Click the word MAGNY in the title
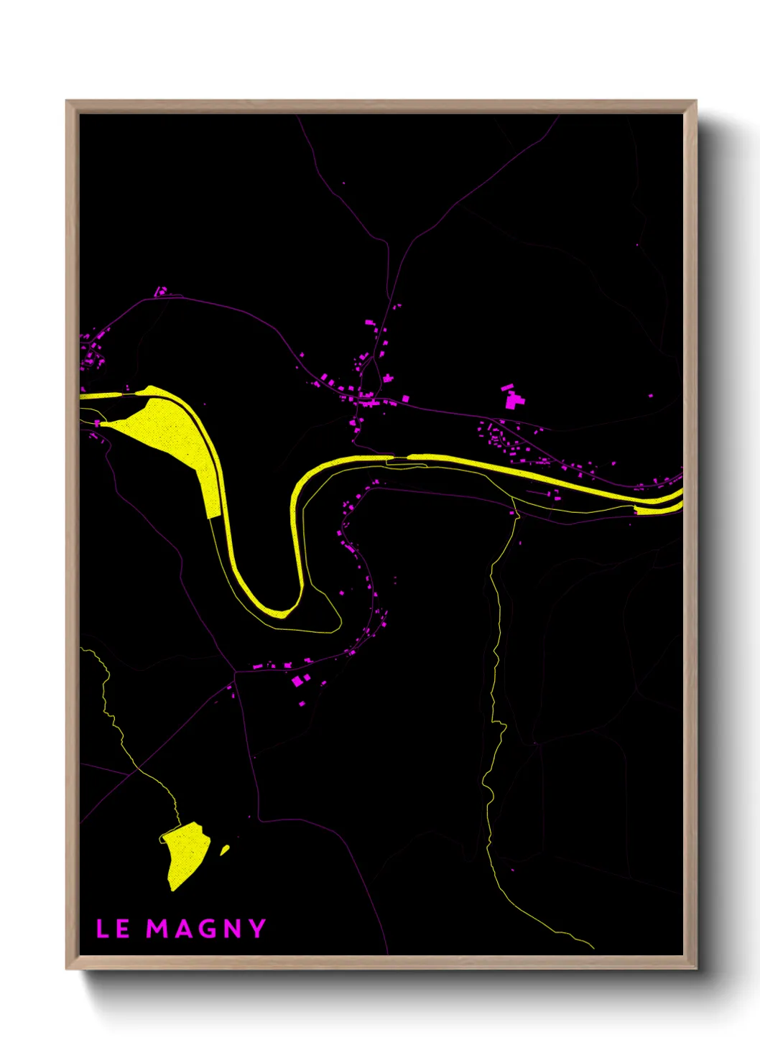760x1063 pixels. coord(206,929)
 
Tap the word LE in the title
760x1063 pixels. coord(113,929)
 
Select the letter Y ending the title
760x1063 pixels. coord(257,929)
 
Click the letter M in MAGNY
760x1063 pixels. coord(158,929)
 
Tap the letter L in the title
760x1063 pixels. coord(102,929)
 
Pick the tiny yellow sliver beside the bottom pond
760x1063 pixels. coord(225,850)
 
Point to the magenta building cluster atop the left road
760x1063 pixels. coord(162,291)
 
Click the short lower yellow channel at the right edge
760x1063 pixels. coord(657,509)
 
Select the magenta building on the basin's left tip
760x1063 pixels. coord(97,424)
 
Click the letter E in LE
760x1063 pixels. coord(123,929)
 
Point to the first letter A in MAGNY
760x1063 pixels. coord(182,929)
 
